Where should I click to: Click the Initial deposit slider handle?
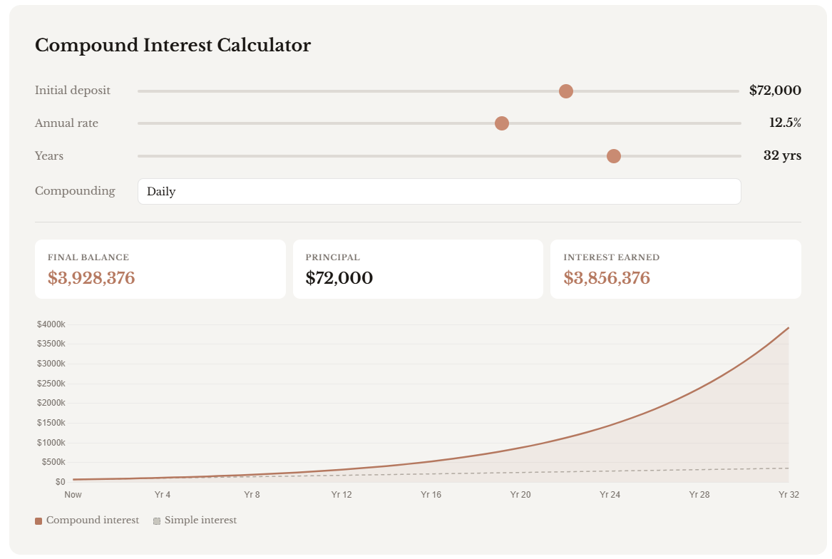[565, 91]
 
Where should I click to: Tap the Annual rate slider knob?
[501, 123]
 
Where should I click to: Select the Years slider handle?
[613, 156]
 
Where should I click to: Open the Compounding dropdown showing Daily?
[439, 191]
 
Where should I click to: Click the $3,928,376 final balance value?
[91, 277]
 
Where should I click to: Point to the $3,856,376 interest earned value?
[607, 277]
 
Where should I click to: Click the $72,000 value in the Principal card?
[339, 277]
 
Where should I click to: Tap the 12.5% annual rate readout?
[785, 123]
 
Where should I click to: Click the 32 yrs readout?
[782, 155]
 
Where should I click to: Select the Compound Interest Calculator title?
[173, 45]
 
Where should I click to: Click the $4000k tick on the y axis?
[51, 324]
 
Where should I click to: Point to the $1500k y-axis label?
[51, 423]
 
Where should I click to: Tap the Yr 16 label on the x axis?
[431, 494]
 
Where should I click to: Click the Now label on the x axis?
[73, 494]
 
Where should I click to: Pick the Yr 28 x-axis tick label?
[699, 494]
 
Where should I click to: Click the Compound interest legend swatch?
[38, 520]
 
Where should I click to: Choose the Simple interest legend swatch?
[157, 520]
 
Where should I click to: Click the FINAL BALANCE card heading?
[88, 257]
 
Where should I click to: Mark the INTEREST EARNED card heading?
[611, 257]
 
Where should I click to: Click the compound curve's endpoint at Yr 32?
[789, 327]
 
